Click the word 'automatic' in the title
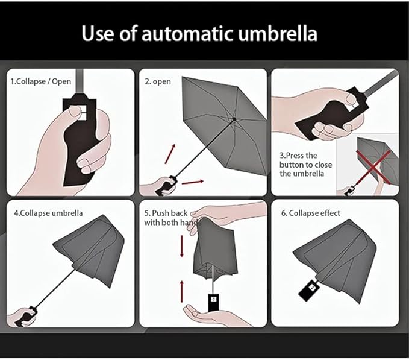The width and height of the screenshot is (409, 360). click(x=187, y=34)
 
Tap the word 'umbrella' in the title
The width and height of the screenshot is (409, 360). click(x=278, y=33)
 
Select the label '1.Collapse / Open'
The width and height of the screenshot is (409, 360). click(x=41, y=81)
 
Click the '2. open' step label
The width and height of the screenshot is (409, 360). click(x=158, y=81)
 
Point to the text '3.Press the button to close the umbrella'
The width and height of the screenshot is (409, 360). click(x=305, y=165)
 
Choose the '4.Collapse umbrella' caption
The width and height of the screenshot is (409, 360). click(x=48, y=213)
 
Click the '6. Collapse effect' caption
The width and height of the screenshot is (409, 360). click(x=310, y=213)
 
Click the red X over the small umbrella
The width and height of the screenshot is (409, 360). click(x=373, y=167)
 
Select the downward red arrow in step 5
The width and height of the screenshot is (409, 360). click(x=182, y=246)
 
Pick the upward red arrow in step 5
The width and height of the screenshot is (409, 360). click(x=182, y=291)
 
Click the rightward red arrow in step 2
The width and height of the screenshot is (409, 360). click(x=193, y=182)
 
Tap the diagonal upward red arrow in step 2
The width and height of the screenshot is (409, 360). click(x=170, y=154)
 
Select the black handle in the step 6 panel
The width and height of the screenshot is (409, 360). click(x=310, y=290)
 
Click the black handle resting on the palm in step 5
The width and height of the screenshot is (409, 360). click(x=214, y=303)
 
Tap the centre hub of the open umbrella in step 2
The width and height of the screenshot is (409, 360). click(x=234, y=119)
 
